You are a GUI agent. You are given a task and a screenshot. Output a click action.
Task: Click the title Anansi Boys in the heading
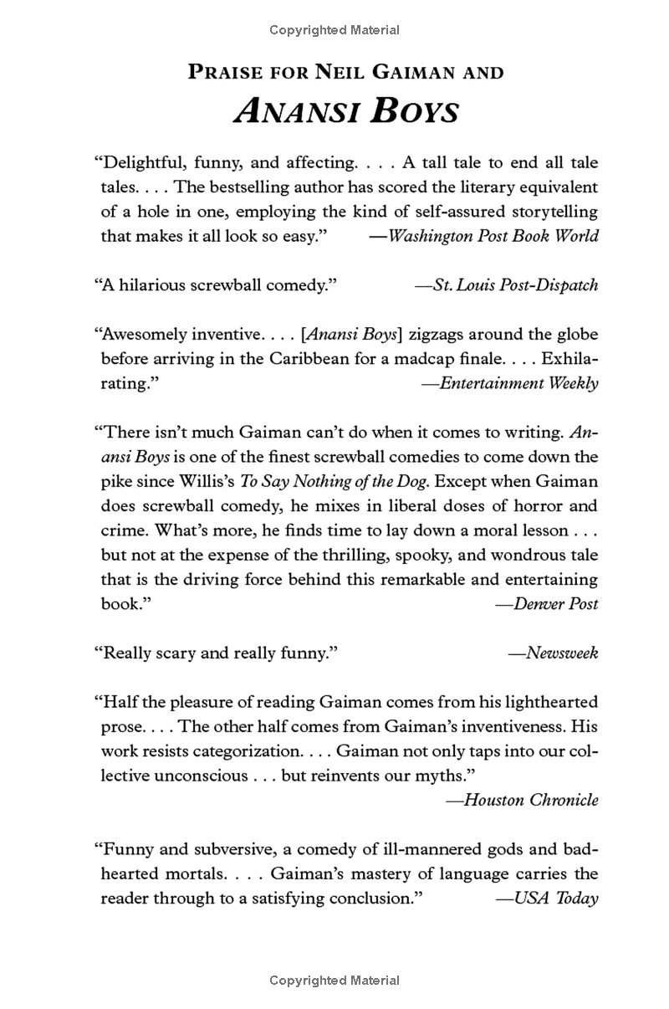(x=346, y=110)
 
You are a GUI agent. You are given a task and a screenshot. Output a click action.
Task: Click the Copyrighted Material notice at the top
(x=334, y=30)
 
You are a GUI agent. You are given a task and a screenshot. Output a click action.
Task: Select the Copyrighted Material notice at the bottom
(x=334, y=980)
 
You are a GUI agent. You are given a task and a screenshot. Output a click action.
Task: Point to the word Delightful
(x=146, y=162)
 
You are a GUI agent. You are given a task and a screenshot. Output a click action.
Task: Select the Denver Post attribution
(x=549, y=603)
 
